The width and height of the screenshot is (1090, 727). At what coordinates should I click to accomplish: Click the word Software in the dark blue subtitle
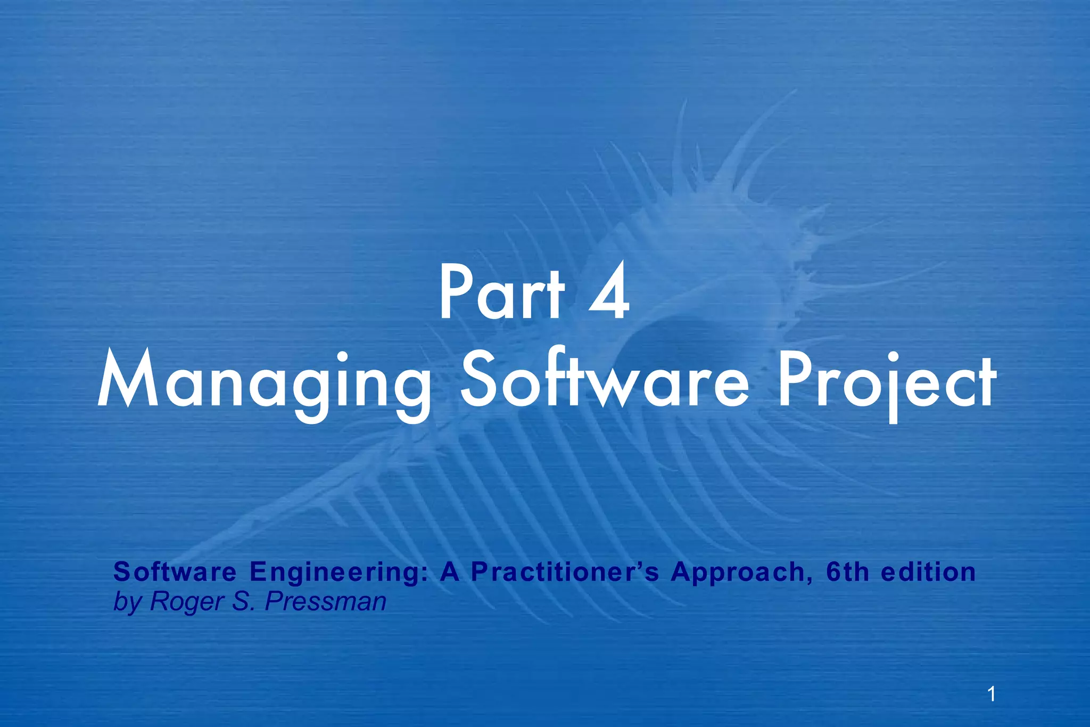175,573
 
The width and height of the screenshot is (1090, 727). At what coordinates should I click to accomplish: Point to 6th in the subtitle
848,573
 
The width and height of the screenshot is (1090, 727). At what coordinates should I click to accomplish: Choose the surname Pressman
325,602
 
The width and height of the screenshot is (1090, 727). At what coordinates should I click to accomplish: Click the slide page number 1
991,695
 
